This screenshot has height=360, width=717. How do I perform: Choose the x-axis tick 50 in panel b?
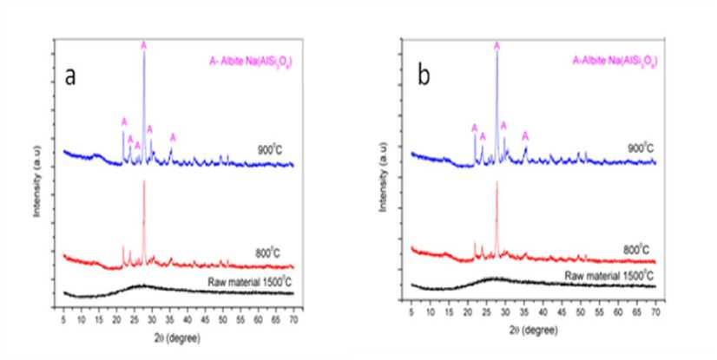pyautogui.click(x=580, y=311)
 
